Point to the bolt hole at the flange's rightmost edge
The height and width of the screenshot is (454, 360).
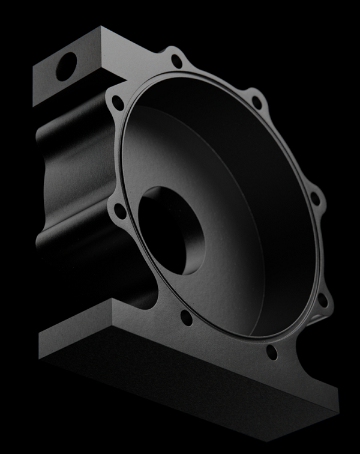click(x=315, y=199)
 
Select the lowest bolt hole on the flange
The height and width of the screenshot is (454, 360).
click(x=271, y=352)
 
